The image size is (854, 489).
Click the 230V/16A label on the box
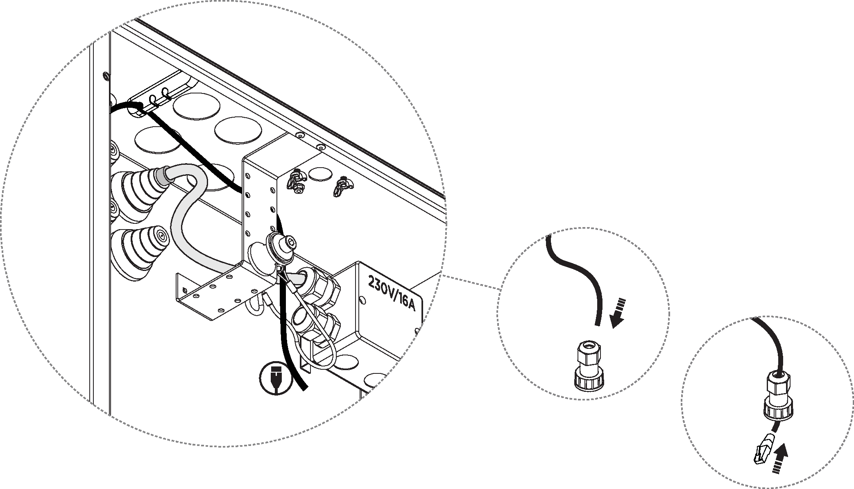click(x=391, y=293)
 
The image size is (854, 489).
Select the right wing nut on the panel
click(x=340, y=187)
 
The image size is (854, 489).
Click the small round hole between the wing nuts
click(x=320, y=174)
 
